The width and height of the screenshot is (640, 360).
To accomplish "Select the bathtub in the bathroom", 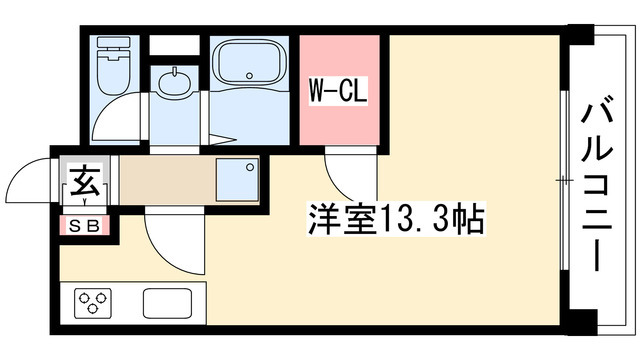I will click(x=250, y=68).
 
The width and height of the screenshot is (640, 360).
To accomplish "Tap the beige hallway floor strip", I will click(x=165, y=183).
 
